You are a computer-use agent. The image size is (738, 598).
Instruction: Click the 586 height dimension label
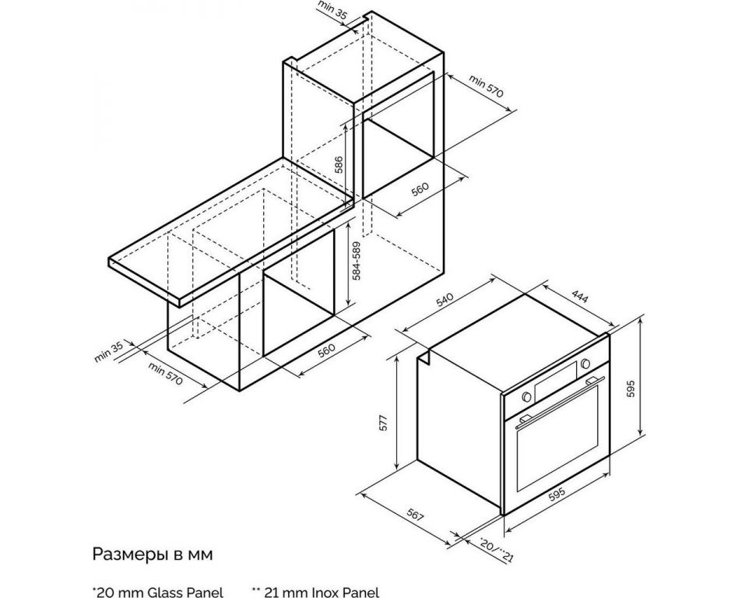click(x=339, y=165)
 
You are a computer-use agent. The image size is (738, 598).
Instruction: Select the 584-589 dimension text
click(x=357, y=262)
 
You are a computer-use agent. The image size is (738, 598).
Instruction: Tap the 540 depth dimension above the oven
click(x=445, y=300)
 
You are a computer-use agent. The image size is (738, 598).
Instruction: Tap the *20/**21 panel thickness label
click(x=497, y=550)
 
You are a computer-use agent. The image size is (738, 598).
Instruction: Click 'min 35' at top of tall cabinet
click(x=332, y=10)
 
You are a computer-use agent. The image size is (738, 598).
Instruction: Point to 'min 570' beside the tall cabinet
click(x=486, y=86)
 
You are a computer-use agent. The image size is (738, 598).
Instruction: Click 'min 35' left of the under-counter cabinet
click(x=109, y=352)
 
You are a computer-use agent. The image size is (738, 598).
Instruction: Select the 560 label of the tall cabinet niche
click(x=420, y=189)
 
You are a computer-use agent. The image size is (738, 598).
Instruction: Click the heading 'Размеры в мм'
click(x=153, y=554)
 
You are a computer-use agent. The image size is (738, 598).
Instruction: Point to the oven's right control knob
click(x=585, y=363)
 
